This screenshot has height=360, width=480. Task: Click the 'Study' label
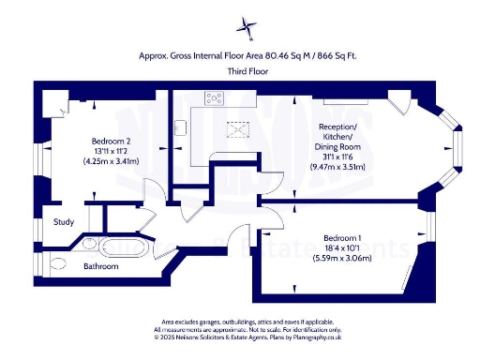[64, 222]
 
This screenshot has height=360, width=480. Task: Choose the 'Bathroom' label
[100, 266]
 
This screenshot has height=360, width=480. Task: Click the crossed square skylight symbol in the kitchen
[239, 128]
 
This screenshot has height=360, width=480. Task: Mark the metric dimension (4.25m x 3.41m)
[109, 160]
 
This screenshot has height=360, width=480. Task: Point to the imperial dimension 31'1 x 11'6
[337, 155]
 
